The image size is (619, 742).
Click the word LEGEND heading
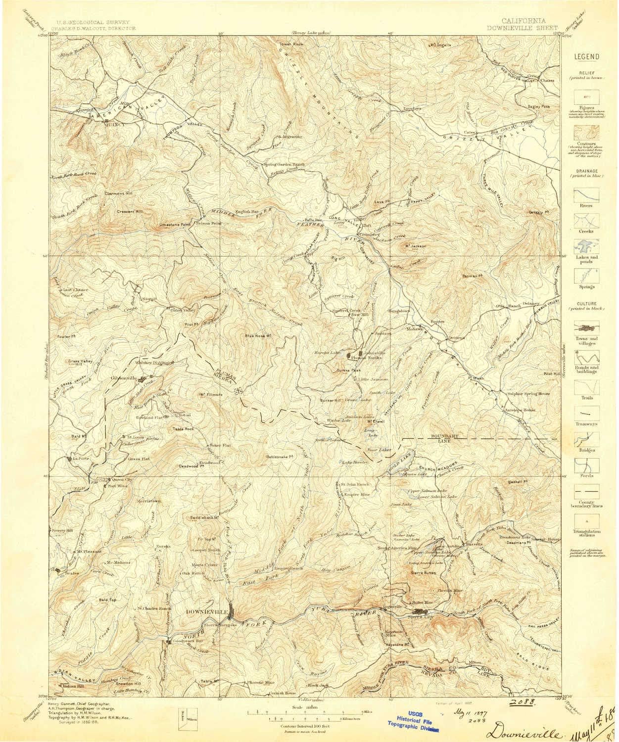[x=586, y=57]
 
